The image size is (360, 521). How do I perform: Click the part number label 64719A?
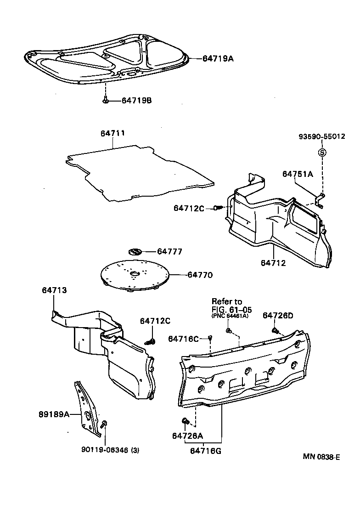pyautogui.click(x=218, y=58)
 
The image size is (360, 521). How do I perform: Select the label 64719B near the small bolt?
pyautogui.click(x=136, y=101)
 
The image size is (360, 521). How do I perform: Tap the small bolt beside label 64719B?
pyautogui.click(x=106, y=100)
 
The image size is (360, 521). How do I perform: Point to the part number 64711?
pyautogui.click(x=113, y=133)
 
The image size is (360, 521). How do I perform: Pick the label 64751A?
pyautogui.click(x=298, y=174)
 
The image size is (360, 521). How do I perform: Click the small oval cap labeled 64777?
pyautogui.click(x=135, y=252)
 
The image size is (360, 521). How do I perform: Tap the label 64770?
pyautogui.click(x=200, y=275)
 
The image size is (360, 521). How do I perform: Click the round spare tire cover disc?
pyautogui.click(x=134, y=276)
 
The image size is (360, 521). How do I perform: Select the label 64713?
pyautogui.click(x=54, y=290)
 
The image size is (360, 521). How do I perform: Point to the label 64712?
pyautogui.click(x=273, y=263)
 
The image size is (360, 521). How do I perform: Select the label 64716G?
pyautogui.click(x=206, y=451)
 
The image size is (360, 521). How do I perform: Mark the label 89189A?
pyautogui.click(x=54, y=414)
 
